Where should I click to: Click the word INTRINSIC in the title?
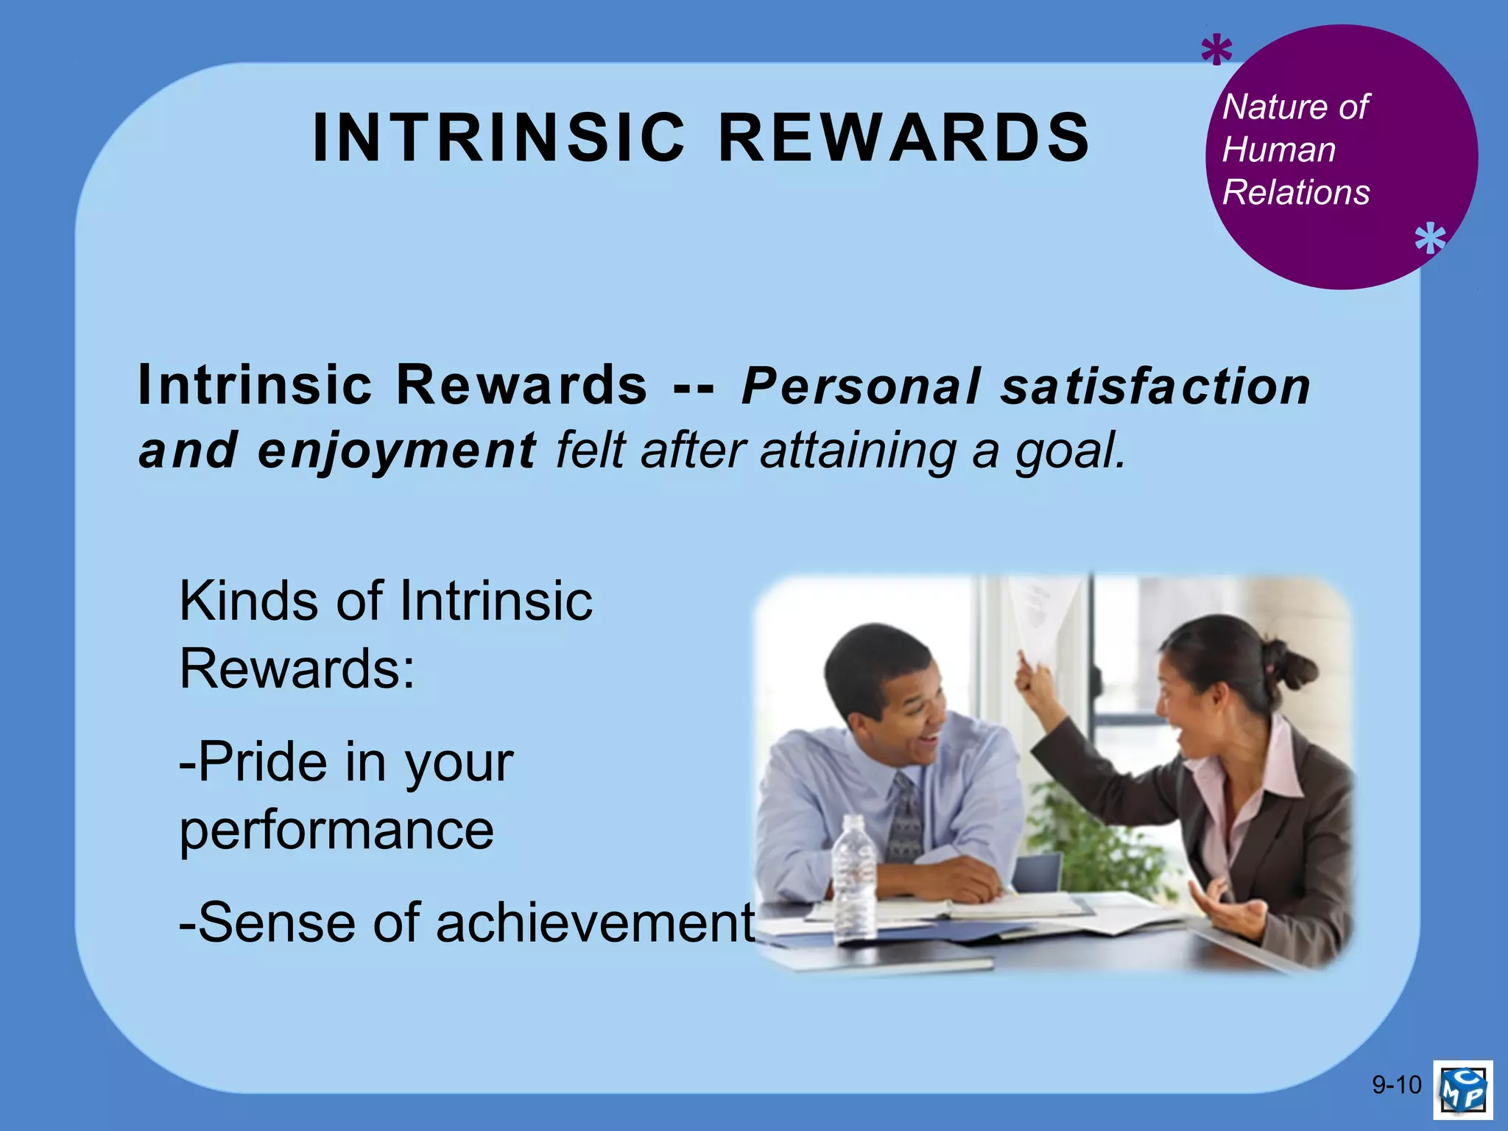point(498,138)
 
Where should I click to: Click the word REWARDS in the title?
point(903,138)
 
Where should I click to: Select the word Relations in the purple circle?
point(1296,193)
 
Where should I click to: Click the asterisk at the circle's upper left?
point(1216,54)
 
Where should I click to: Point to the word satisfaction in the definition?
point(1155,387)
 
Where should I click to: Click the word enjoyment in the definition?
point(397,451)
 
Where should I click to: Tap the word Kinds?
point(251,601)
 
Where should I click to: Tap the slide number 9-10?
point(1396,1085)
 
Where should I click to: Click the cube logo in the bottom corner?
point(1462,1089)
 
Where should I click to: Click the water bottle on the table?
point(854,876)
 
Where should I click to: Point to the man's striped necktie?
point(904,817)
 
